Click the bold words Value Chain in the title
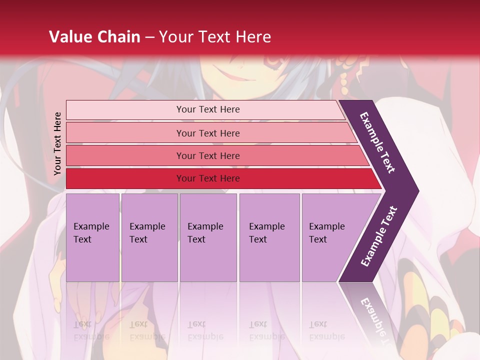click(x=94, y=37)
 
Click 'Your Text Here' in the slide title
click(x=215, y=37)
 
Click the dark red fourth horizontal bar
click(x=125, y=178)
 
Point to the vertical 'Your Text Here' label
click(x=57, y=143)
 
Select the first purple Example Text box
click(x=92, y=237)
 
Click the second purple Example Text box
click(x=149, y=237)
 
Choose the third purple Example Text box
click(x=208, y=237)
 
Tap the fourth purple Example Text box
click(x=269, y=237)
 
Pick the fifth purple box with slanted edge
click(x=330, y=237)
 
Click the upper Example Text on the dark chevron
click(x=377, y=142)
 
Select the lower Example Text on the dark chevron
click(x=379, y=236)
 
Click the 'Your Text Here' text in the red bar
click(x=208, y=178)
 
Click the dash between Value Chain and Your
click(x=149, y=37)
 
